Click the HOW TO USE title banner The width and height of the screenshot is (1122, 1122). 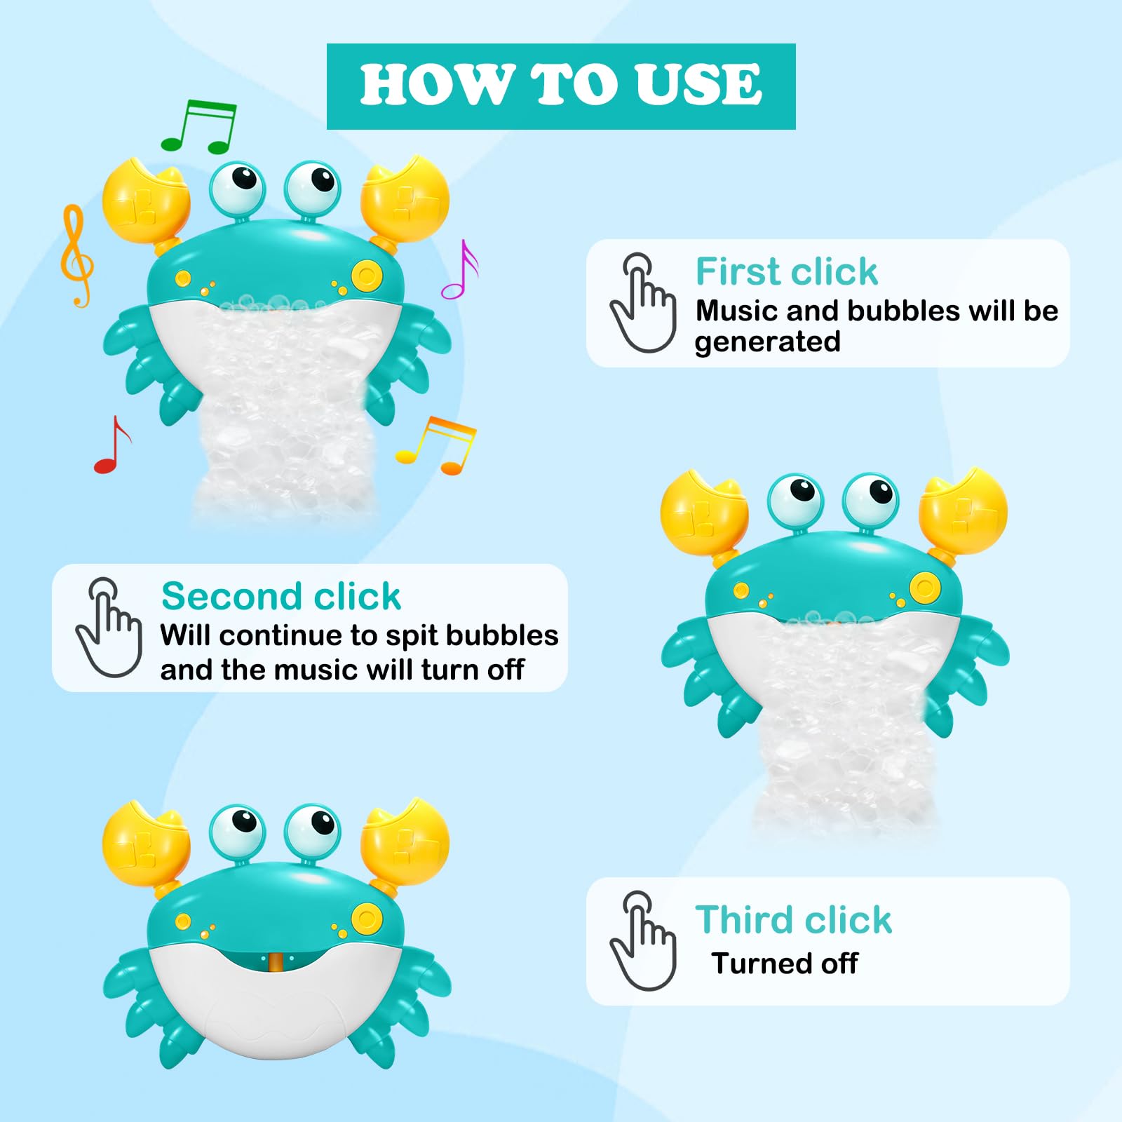click(x=561, y=86)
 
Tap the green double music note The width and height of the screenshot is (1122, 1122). click(x=198, y=126)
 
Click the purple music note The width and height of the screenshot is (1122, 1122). click(x=460, y=270)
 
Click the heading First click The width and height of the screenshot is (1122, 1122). click(x=786, y=271)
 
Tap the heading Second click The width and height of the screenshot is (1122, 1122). click(x=280, y=596)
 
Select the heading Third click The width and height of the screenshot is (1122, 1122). click(x=793, y=919)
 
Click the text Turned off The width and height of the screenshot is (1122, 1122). click(x=785, y=964)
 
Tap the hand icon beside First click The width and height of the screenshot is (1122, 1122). click(x=643, y=303)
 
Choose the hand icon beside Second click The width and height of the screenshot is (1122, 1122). click(x=109, y=628)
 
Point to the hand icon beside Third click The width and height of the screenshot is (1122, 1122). click(x=643, y=941)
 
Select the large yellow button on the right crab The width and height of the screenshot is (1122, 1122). click(x=924, y=588)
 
